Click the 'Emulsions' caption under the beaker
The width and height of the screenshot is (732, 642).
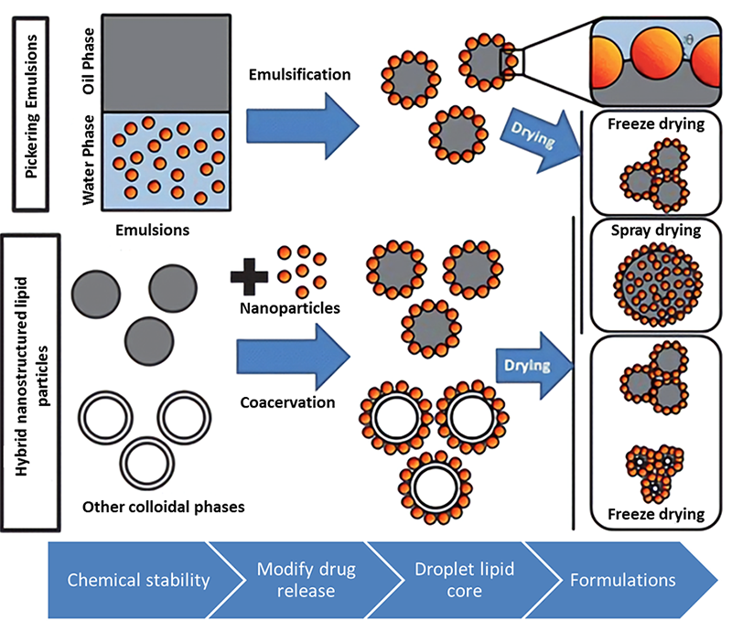[152, 230]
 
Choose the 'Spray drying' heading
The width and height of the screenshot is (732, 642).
[656, 230]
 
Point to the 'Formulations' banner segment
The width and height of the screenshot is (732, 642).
[622, 580]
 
